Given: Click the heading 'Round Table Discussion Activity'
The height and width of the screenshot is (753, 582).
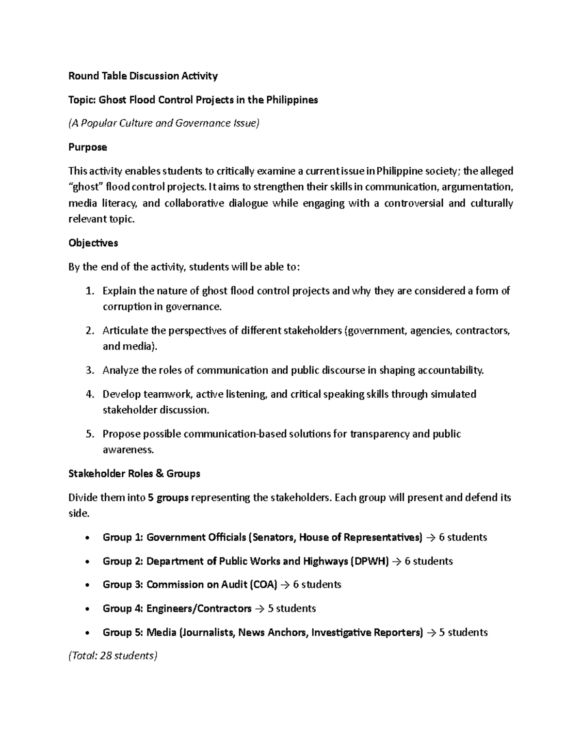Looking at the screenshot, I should pos(143,76).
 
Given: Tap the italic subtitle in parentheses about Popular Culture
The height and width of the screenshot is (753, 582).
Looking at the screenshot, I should pos(164,123).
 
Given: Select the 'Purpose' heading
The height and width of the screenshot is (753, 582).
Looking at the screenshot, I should pos(87,147).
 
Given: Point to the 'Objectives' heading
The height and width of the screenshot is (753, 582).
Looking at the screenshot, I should pos(93,243).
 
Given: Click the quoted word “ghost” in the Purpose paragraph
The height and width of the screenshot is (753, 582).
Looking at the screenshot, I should pos(85,187).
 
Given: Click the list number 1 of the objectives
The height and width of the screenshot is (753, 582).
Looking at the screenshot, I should pos(89,291).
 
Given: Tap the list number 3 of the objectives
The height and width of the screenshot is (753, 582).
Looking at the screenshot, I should pos(89,370).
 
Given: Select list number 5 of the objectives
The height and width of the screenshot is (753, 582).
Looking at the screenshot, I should pos(89,434).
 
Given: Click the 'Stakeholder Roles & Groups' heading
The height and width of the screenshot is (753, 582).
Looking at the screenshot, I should pos(134,474).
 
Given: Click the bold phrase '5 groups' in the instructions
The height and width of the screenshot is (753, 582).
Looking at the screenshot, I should pos(168,497).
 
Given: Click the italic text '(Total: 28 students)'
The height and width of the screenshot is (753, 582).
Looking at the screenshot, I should pos(113,656).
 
